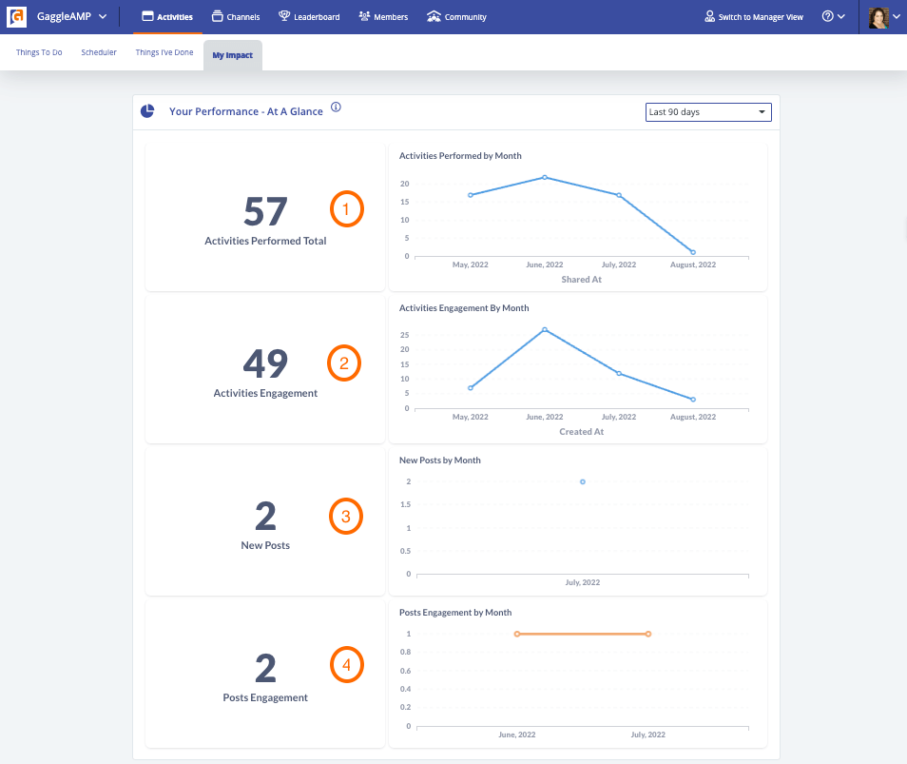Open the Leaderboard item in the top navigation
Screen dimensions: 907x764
(x=309, y=17)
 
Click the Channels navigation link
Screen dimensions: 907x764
(x=236, y=17)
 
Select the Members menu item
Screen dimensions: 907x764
(x=383, y=17)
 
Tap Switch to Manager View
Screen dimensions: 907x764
(x=754, y=17)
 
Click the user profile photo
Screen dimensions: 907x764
(x=878, y=17)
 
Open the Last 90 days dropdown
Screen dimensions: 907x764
(x=708, y=112)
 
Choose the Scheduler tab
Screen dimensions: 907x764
(x=99, y=52)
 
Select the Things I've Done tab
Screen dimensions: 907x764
(x=164, y=52)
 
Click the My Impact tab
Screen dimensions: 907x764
(x=233, y=55)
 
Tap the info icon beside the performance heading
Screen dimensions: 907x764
(x=336, y=108)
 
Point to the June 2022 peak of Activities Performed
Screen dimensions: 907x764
(x=545, y=177)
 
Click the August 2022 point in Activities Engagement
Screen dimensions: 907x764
(x=693, y=400)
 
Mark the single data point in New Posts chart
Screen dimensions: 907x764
(x=583, y=481)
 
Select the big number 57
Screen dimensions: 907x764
(x=265, y=211)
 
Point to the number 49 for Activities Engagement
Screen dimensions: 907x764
(x=265, y=363)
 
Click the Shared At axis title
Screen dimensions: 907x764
(x=581, y=280)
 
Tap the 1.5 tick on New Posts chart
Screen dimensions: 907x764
(x=406, y=504)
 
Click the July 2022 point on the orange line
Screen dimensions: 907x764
(x=647, y=634)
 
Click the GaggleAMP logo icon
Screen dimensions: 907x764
(x=16, y=17)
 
